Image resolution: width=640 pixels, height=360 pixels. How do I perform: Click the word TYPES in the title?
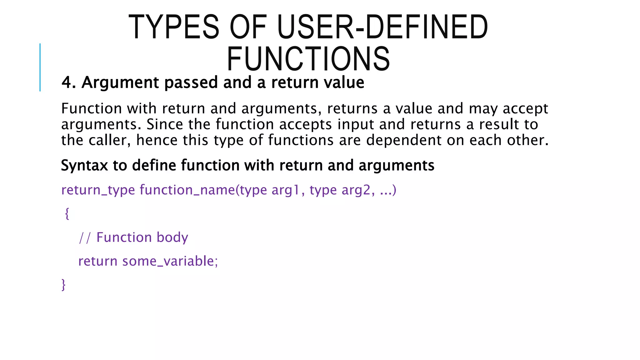(174, 27)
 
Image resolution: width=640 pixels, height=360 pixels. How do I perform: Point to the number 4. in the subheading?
(69, 82)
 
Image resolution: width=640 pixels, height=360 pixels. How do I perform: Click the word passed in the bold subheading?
(191, 83)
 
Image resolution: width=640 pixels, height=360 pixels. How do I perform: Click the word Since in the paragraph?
(164, 124)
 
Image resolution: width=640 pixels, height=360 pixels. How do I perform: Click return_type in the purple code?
(98, 190)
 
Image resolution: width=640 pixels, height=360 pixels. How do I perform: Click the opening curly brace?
(67, 214)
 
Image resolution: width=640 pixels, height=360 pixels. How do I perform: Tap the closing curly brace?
(63, 285)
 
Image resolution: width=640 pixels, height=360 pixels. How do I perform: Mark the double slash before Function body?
(85, 237)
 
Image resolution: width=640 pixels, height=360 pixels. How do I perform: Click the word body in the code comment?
(172, 237)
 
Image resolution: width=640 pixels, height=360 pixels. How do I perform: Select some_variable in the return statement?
(168, 261)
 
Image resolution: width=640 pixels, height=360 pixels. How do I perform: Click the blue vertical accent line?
(40, 67)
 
